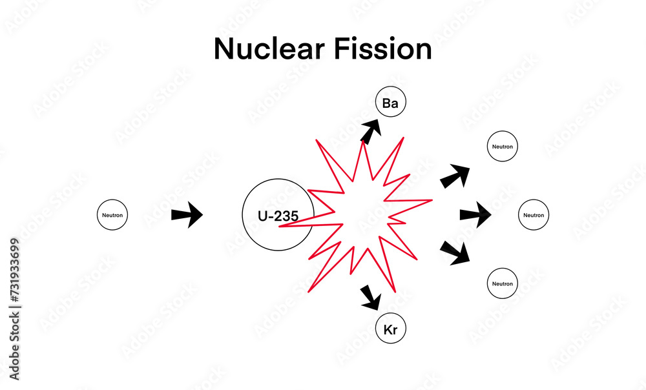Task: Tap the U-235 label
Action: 278,216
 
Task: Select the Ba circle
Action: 390,103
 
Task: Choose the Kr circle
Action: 390,330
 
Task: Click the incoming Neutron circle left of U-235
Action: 112,215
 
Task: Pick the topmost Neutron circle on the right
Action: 502,147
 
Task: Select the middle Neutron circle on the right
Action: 533,215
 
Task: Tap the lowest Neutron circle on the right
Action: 502,284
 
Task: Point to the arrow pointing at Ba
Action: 370,132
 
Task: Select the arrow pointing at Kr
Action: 370,296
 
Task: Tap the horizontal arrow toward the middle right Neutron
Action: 475,215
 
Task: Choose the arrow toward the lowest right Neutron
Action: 455,252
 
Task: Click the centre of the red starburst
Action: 365,213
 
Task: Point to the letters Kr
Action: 390,331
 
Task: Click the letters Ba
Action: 390,103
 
